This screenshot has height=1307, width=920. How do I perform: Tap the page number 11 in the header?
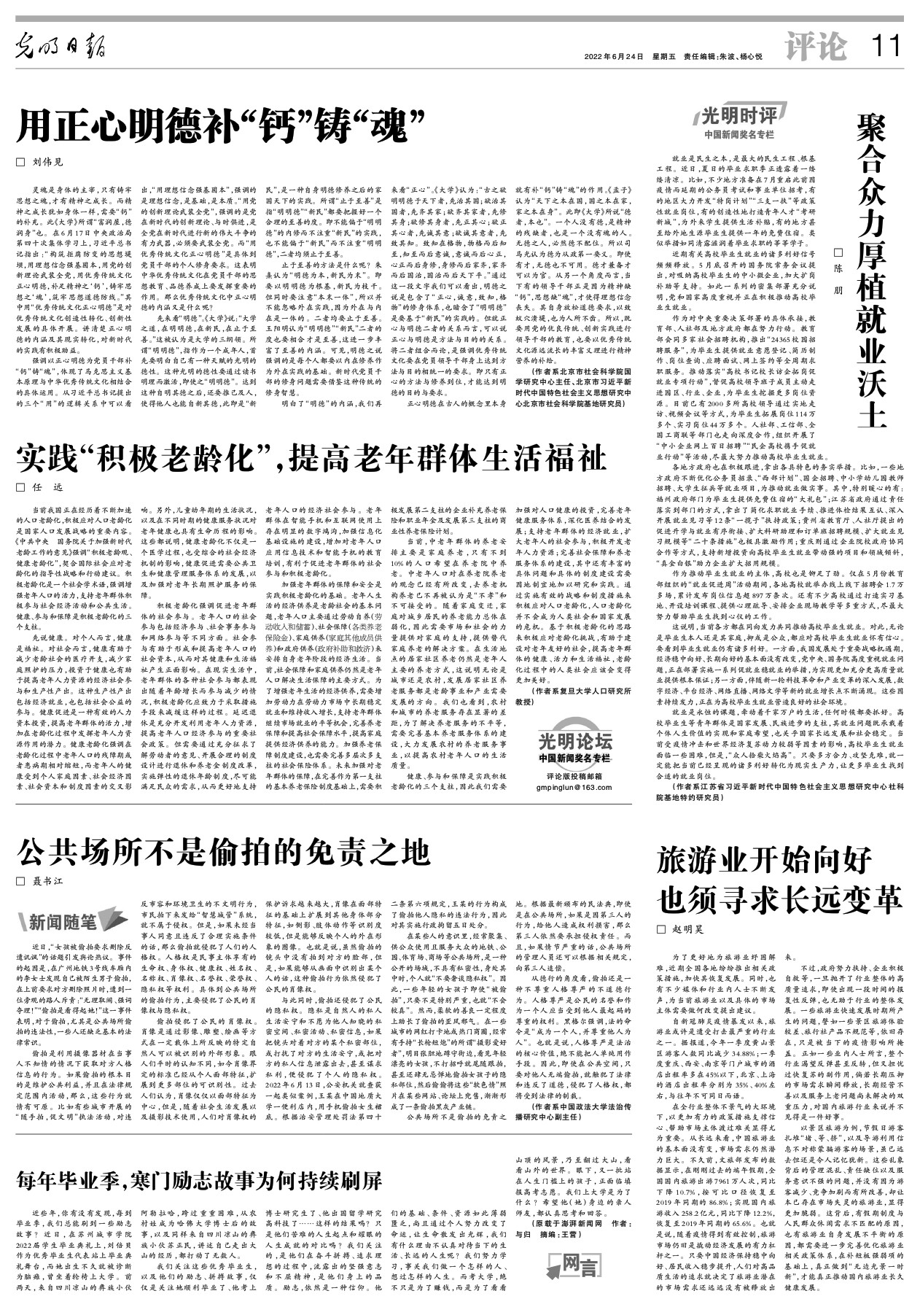[886, 48]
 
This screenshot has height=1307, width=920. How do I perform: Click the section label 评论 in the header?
[816, 48]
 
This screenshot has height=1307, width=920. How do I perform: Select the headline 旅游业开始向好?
[755, 861]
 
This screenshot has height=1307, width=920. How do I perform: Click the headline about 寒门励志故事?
[199, 1179]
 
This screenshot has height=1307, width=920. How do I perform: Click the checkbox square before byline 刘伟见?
[20, 161]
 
